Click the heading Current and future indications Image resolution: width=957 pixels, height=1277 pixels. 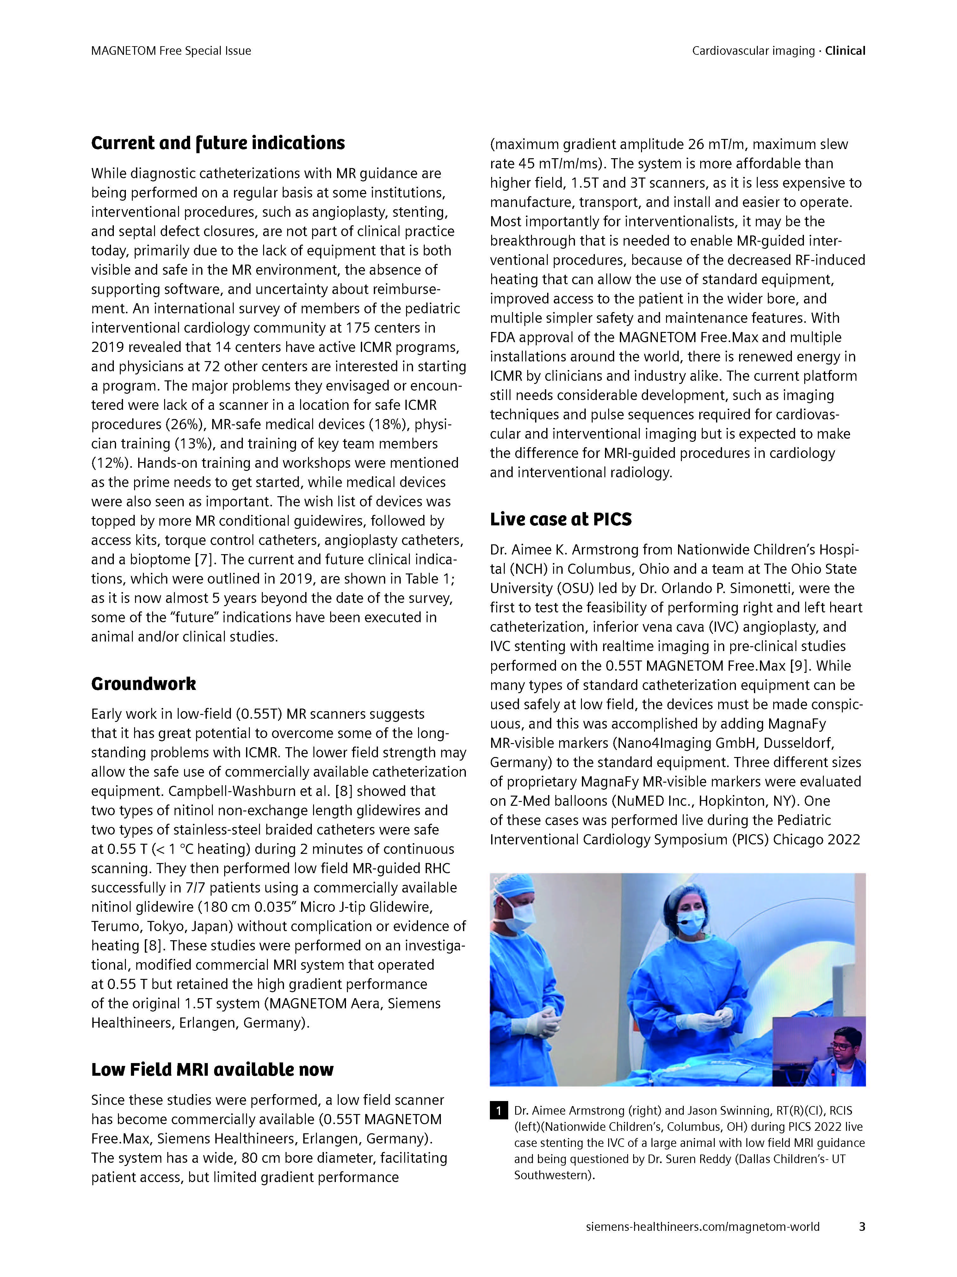[x=218, y=143]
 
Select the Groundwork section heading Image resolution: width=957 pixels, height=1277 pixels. [x=144, y=684]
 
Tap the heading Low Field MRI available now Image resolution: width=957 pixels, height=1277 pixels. [x=212, y=1070]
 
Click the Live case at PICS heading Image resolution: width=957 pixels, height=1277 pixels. [x=561, y=520]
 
